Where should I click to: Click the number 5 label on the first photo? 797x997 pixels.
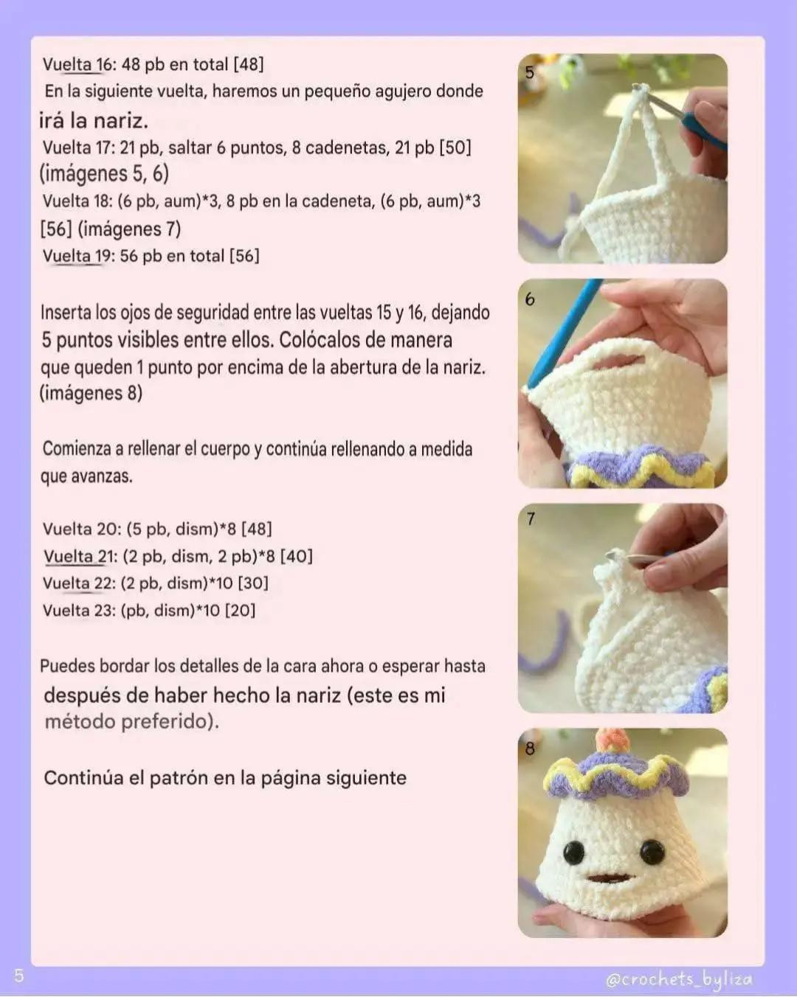(x=529, y=73)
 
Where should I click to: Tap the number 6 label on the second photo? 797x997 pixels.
(x=530, y=299)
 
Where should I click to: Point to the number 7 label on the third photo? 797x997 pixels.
(x=531, y=519)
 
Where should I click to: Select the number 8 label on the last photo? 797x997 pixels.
(x=530, y=748)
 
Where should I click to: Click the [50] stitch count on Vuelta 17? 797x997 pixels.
(x=455, y=147)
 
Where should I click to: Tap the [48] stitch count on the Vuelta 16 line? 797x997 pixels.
(x=248, y=64)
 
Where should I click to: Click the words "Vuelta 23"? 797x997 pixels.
(x=79, y=610)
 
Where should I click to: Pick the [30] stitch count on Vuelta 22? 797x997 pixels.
(x=252, y=583)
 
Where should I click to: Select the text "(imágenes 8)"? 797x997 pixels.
(x=91, y=393)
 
